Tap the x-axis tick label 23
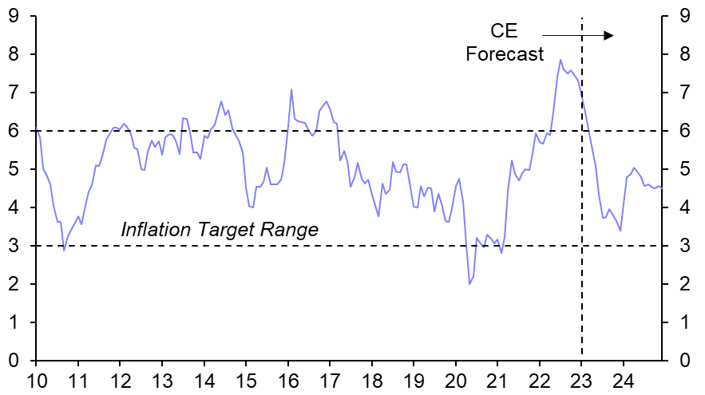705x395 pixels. pos(581,380)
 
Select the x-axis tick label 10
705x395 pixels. pos(36,380)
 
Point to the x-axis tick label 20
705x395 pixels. pos(455,380)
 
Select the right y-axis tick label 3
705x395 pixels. pos(684,246)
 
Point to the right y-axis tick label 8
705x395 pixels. pos(684,53)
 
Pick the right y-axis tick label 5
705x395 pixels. pos(684,169)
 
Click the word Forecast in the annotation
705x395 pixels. pos(505,54)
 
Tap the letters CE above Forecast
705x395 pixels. pos(504,32)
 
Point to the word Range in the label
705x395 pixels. pos(291,230)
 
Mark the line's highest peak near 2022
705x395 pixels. pos(560,60)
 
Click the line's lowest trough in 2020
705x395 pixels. pos(469,284)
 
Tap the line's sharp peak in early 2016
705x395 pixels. pos(291,89)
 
